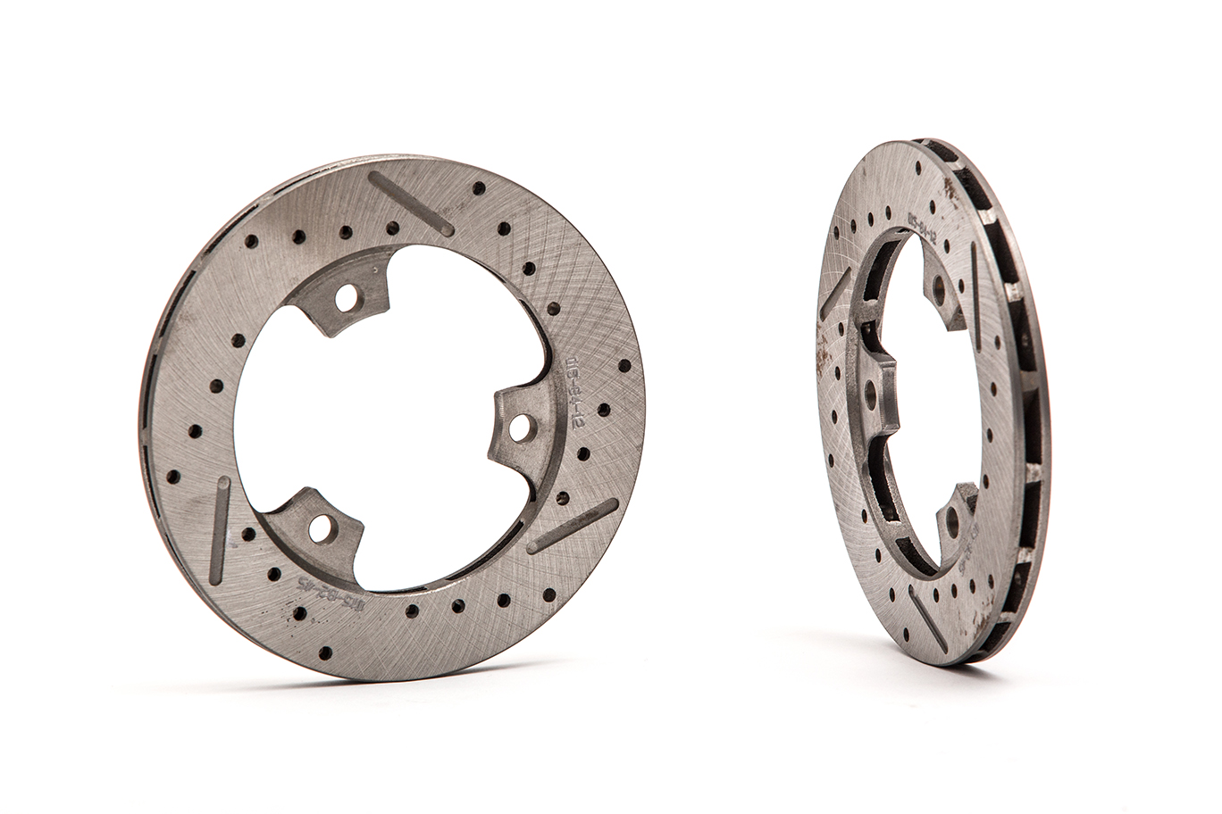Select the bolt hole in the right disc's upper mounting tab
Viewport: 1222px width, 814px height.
pyautogui.click(x=937, y=287)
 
